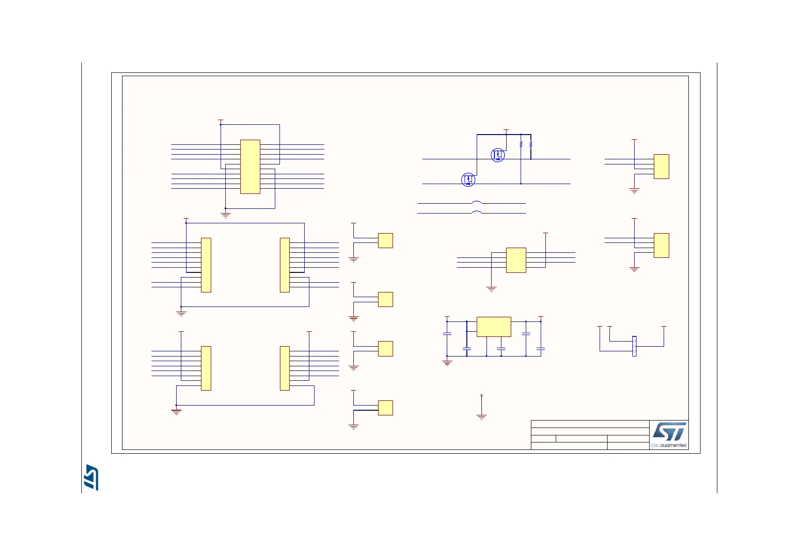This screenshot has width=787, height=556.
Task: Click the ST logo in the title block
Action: pos(669,432)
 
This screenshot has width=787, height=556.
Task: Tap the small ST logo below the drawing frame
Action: pos(91,477)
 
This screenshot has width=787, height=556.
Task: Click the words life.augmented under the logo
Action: pos(669,445)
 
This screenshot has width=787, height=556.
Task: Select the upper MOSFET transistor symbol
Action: pos(498,155)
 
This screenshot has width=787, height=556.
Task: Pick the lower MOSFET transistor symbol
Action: pos(468,179)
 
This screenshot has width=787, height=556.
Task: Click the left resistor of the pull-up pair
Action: pos(521,144)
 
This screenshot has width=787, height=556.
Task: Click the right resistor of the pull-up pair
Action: pos(531,144)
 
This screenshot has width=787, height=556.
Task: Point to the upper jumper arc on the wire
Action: pos(476,202)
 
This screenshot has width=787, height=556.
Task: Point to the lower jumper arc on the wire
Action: pos(476,212)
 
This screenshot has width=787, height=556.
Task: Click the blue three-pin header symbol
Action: pos(634,346)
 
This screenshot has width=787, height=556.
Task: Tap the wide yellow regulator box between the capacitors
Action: pos(494,327)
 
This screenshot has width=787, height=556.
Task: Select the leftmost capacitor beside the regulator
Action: pos(447,334)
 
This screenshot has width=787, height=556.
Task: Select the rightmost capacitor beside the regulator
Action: pos(541,349)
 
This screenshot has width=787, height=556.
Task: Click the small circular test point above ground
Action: pos(481,395)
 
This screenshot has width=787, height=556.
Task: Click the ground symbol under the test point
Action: pos(481,417)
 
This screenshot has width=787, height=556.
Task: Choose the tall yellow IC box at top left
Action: pos(250,166)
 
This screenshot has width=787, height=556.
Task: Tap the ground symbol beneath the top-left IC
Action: pos(225,215)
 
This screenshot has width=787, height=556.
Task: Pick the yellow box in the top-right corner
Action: pos(661,166)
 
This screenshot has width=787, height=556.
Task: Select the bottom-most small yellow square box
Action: pos(385,408)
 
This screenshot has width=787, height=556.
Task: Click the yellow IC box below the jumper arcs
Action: pos(516,260)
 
